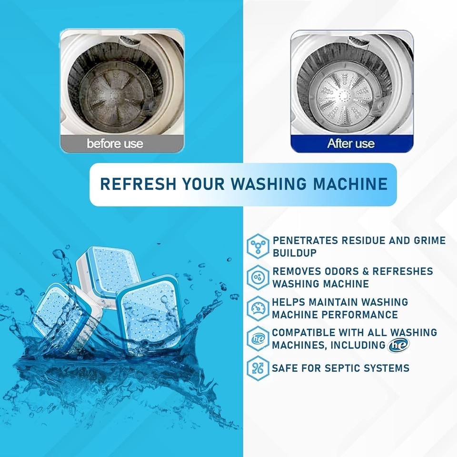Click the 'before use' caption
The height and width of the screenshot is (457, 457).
tap(115, 143)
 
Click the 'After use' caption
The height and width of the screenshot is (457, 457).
tap(351, 143)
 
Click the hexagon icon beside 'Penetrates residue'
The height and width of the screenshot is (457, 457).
tap(258, 246)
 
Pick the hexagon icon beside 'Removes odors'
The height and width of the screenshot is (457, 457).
tap(258, 277)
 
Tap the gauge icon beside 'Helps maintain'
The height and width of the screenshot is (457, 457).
tap(258, 308)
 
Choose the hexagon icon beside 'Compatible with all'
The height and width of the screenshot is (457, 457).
tap(258, 339)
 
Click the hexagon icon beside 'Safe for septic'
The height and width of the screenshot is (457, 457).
tap(258, 368)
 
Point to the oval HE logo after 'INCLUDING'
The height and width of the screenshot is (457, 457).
tap(397, 345)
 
